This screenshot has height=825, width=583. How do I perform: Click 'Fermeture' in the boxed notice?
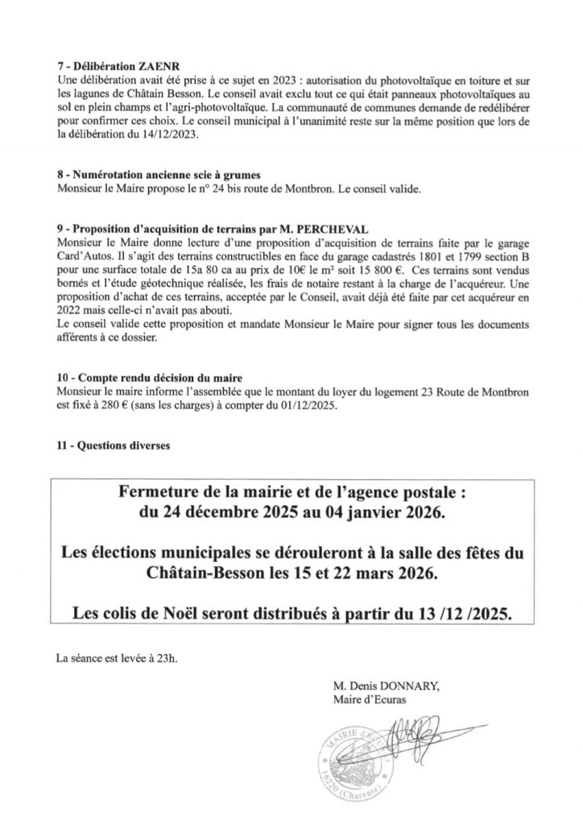[x=159, y=491]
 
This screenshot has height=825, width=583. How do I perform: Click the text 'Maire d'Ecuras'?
[x=370, y=699]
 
